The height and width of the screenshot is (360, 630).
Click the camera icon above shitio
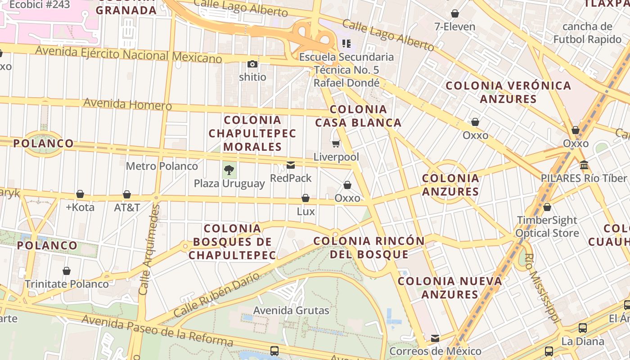point(252,64)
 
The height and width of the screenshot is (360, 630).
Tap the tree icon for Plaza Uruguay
point(229,170)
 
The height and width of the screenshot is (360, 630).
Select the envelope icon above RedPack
point(291,165)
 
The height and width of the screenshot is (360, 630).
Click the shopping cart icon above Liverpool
point(336,144)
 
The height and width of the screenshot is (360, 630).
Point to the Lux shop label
point(306,211)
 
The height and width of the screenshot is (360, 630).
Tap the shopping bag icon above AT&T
point(127,194)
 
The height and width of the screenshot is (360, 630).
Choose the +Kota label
point(80,207)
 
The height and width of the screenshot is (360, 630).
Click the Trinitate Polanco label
point(67,284)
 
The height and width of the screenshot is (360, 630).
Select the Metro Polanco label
point(162,166)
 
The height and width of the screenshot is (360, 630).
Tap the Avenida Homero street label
point(127,104)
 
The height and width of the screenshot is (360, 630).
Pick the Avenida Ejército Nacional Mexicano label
point(129,54)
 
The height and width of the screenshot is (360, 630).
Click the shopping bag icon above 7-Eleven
point(455,13)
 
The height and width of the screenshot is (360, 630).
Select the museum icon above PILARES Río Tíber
point(584,165)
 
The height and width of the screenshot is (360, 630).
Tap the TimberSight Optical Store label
point(547,226)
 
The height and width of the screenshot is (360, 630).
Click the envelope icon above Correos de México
point(435,338)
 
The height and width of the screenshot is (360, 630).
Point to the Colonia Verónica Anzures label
point(508,92)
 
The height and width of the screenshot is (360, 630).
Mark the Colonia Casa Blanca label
point(358,116)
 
